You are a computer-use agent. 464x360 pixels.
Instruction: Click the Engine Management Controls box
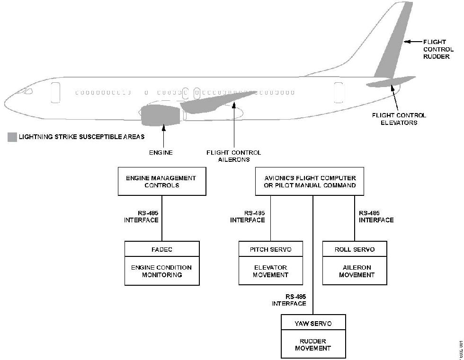[161, 182]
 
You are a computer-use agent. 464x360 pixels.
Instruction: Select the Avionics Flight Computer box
[310, 182]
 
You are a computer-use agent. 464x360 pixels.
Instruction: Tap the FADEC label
[162, 249]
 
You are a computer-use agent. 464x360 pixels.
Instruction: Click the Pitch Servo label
[270, 249]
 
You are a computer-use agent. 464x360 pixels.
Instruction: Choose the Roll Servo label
[355, 249]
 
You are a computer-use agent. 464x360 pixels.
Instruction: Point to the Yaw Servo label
[313, 324]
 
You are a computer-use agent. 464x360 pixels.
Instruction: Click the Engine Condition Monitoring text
[162, 271]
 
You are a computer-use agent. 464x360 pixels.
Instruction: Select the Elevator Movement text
[270, 271]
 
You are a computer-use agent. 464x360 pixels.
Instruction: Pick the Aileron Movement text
[355, 271]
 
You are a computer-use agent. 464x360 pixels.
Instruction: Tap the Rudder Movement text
[313, 345]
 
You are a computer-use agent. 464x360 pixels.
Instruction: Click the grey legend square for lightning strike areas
[12, 138]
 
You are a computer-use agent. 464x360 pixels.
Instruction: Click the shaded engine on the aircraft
[161, 116]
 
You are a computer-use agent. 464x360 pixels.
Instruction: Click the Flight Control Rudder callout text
[438, 49]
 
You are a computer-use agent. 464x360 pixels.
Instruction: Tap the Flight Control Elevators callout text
[399, 119]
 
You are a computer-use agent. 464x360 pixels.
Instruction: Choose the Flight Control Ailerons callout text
[233, 156]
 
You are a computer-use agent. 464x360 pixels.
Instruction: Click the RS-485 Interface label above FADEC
[141, 217]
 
